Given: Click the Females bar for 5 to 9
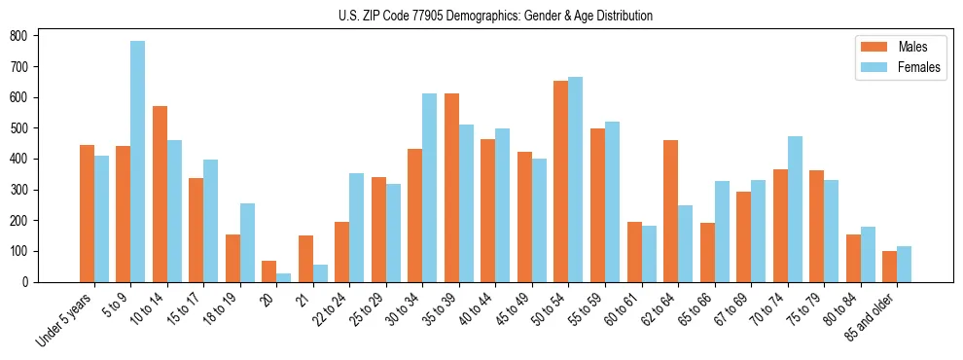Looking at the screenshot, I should click(138, 162).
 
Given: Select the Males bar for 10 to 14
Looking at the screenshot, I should click(160, 194).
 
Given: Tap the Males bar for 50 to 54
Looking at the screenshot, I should click(561, 181).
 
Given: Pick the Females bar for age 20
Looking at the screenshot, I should click(284, 277).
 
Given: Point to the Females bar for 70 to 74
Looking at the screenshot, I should click(795, 209).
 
